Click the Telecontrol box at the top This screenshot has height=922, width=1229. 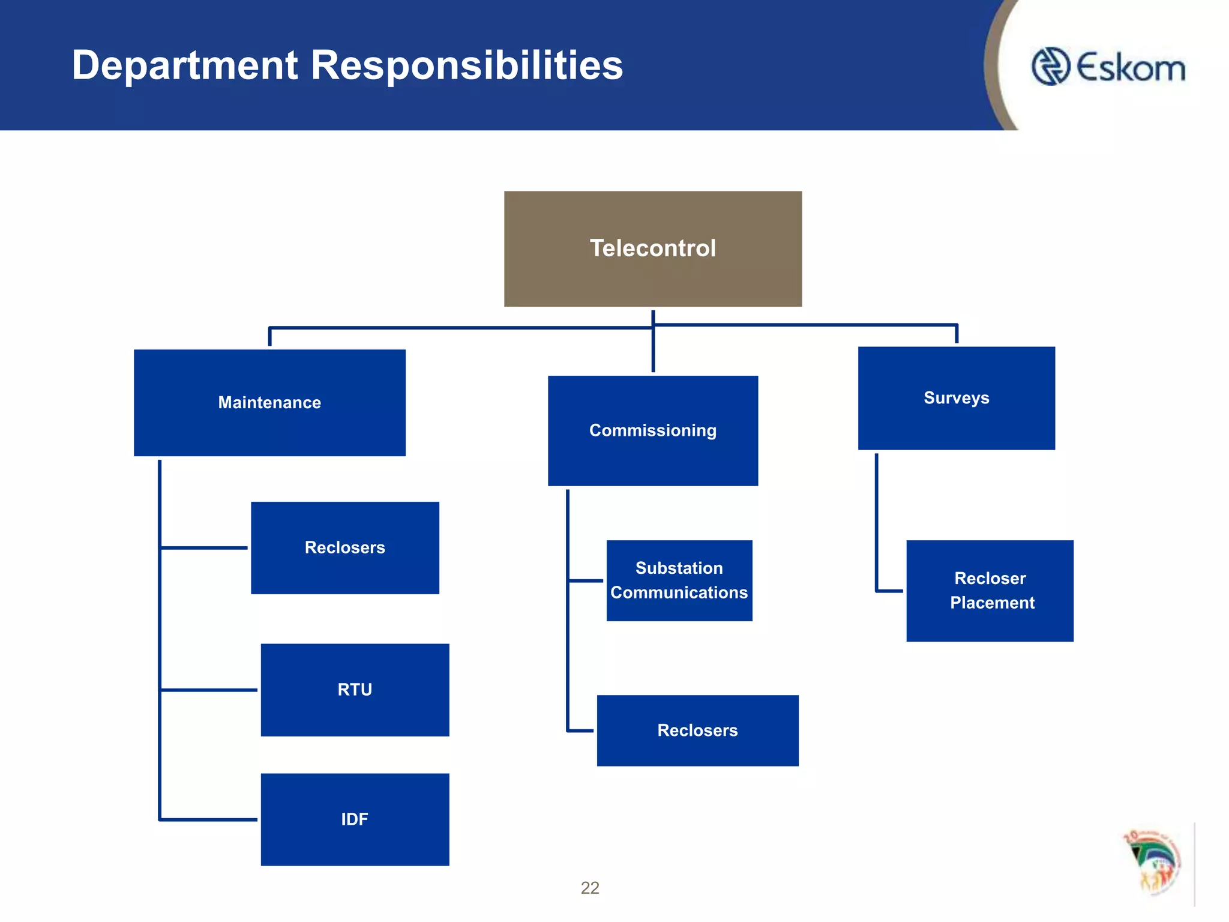click(653, 249)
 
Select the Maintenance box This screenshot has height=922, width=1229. click(269, 402)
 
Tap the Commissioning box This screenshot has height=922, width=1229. click(653, 430)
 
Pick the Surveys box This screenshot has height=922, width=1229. click(956, 398)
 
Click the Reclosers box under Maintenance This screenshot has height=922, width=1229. click(345, 547)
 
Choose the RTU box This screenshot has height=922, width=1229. click(355, 690)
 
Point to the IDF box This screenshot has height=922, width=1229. click(355, 819)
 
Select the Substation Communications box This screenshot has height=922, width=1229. click(679, 580)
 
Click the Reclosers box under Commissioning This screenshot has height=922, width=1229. click(697, 731)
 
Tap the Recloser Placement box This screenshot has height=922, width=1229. click(990, 591)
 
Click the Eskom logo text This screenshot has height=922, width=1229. click(1131, 67)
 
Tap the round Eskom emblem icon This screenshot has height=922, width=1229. click(1050, 67)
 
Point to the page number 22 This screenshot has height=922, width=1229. click(590, 888)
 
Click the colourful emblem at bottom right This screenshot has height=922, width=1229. click(1153, 862)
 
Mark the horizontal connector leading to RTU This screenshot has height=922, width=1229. click(209, 690)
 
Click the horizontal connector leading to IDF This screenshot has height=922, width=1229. click(209, 819)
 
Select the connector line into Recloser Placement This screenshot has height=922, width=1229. click(889, 591)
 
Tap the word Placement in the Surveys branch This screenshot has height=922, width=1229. click(992, 603)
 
